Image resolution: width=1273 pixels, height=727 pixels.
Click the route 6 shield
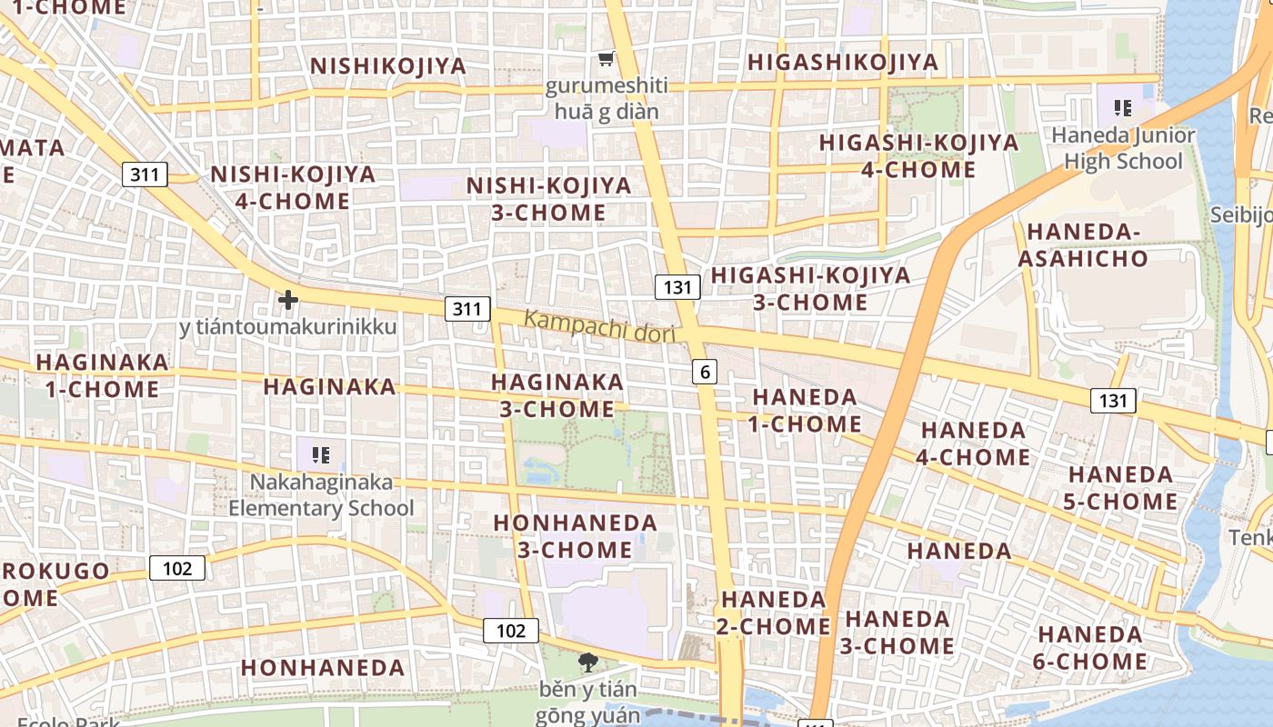coord(705,371)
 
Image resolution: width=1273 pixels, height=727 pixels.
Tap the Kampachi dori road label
coord(600,326)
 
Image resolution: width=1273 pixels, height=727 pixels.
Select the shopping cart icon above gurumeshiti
coord(606,59)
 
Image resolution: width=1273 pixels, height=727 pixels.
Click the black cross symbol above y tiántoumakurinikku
coord(288,299)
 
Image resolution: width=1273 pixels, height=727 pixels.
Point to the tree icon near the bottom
coord(588,662)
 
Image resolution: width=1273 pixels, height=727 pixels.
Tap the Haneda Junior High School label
coord(1123,148)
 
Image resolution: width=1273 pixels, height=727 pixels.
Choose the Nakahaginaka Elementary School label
coord(320,495)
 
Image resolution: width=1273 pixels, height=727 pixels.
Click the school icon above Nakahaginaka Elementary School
coord(320,454)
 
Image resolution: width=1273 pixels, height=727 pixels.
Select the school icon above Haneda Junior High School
coord(1123,108)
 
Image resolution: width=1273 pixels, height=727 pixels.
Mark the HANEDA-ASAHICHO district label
coord(1083,245)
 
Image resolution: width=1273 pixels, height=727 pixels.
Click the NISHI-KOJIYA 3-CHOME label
coord(548,199)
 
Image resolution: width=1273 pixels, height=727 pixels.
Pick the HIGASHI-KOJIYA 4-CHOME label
coord(918,156)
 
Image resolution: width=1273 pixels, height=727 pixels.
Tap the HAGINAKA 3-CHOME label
coord(557,395)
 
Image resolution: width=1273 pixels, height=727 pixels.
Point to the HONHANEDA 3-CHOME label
coord(575,536)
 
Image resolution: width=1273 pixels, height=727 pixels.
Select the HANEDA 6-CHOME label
coord(1089,647)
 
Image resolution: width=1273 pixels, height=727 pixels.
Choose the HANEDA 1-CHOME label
coord(806,410)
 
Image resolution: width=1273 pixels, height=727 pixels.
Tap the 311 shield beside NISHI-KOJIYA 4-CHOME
coord(145,174)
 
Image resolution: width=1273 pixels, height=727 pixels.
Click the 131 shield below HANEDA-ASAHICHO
coord(1113,401)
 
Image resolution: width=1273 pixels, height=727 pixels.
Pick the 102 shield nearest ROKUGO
coord(177,569)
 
